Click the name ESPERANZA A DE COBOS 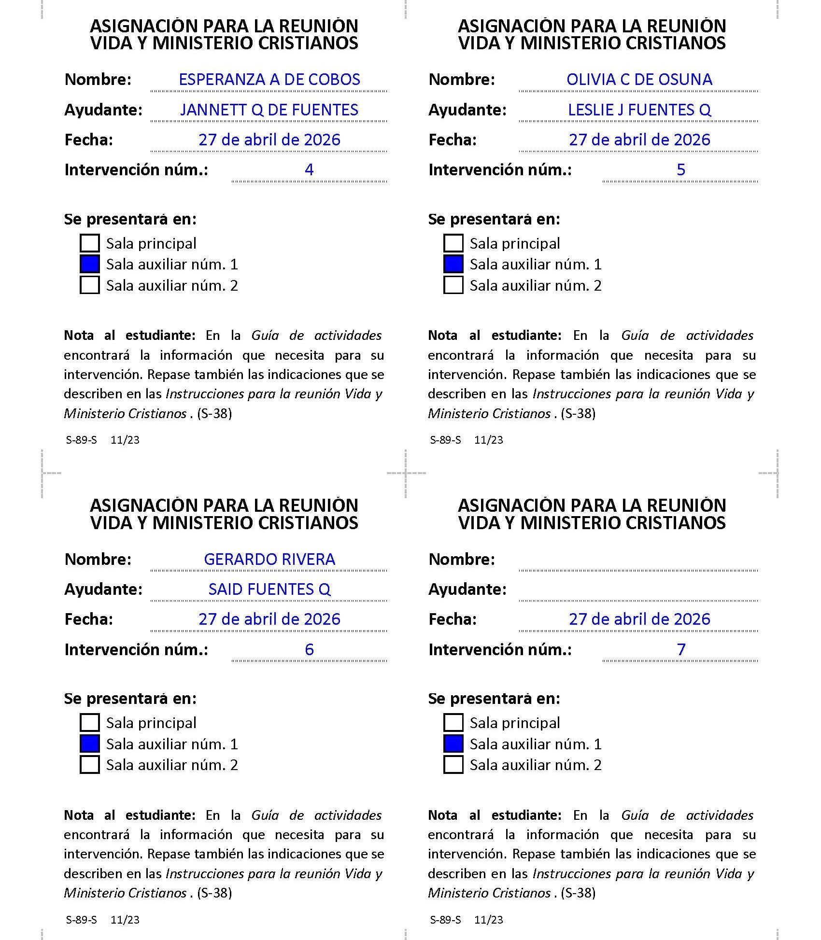coord(269,80)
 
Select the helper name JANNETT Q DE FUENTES coord(269,110)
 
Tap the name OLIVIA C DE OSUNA coord(639,80)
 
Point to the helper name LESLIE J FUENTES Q coord(639,110)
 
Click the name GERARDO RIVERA coord(269,559)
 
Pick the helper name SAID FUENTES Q coord(269,589)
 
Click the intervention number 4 coord(309,169)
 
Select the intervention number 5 coord(680,169)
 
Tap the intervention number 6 coord(309,649)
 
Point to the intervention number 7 coord(680,649)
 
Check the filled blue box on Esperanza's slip coord(90,264)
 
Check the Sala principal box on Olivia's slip coord(453,243)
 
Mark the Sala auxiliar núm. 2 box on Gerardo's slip coord(90,765)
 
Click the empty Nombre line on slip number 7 coord(638,562)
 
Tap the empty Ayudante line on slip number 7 coord(638,592)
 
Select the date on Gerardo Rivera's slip coord(269,619)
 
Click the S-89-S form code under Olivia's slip coord(445,440)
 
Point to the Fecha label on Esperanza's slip coord(89,140)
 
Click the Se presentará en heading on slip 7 coord(494,698)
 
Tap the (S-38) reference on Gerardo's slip coord(214,893)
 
